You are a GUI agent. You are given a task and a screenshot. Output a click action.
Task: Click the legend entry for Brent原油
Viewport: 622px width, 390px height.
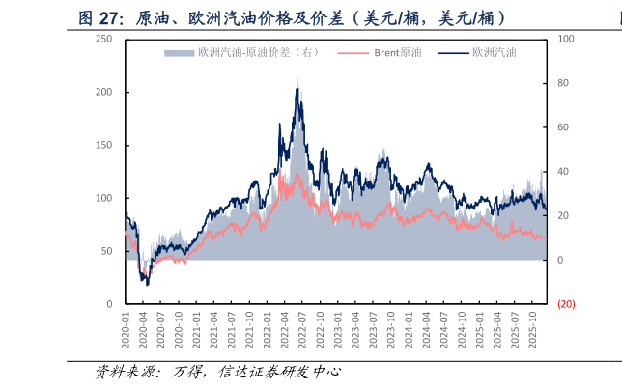(397, 53)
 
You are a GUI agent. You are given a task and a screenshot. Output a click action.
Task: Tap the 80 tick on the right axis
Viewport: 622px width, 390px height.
(564, 83)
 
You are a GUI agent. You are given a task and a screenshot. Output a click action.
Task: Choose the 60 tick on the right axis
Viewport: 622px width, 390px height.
(564, 127)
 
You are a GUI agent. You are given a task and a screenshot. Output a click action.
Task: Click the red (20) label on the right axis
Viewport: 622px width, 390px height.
(566, 304)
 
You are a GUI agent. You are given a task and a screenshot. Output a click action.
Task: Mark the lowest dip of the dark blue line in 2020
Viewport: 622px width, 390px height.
(147, 285)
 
